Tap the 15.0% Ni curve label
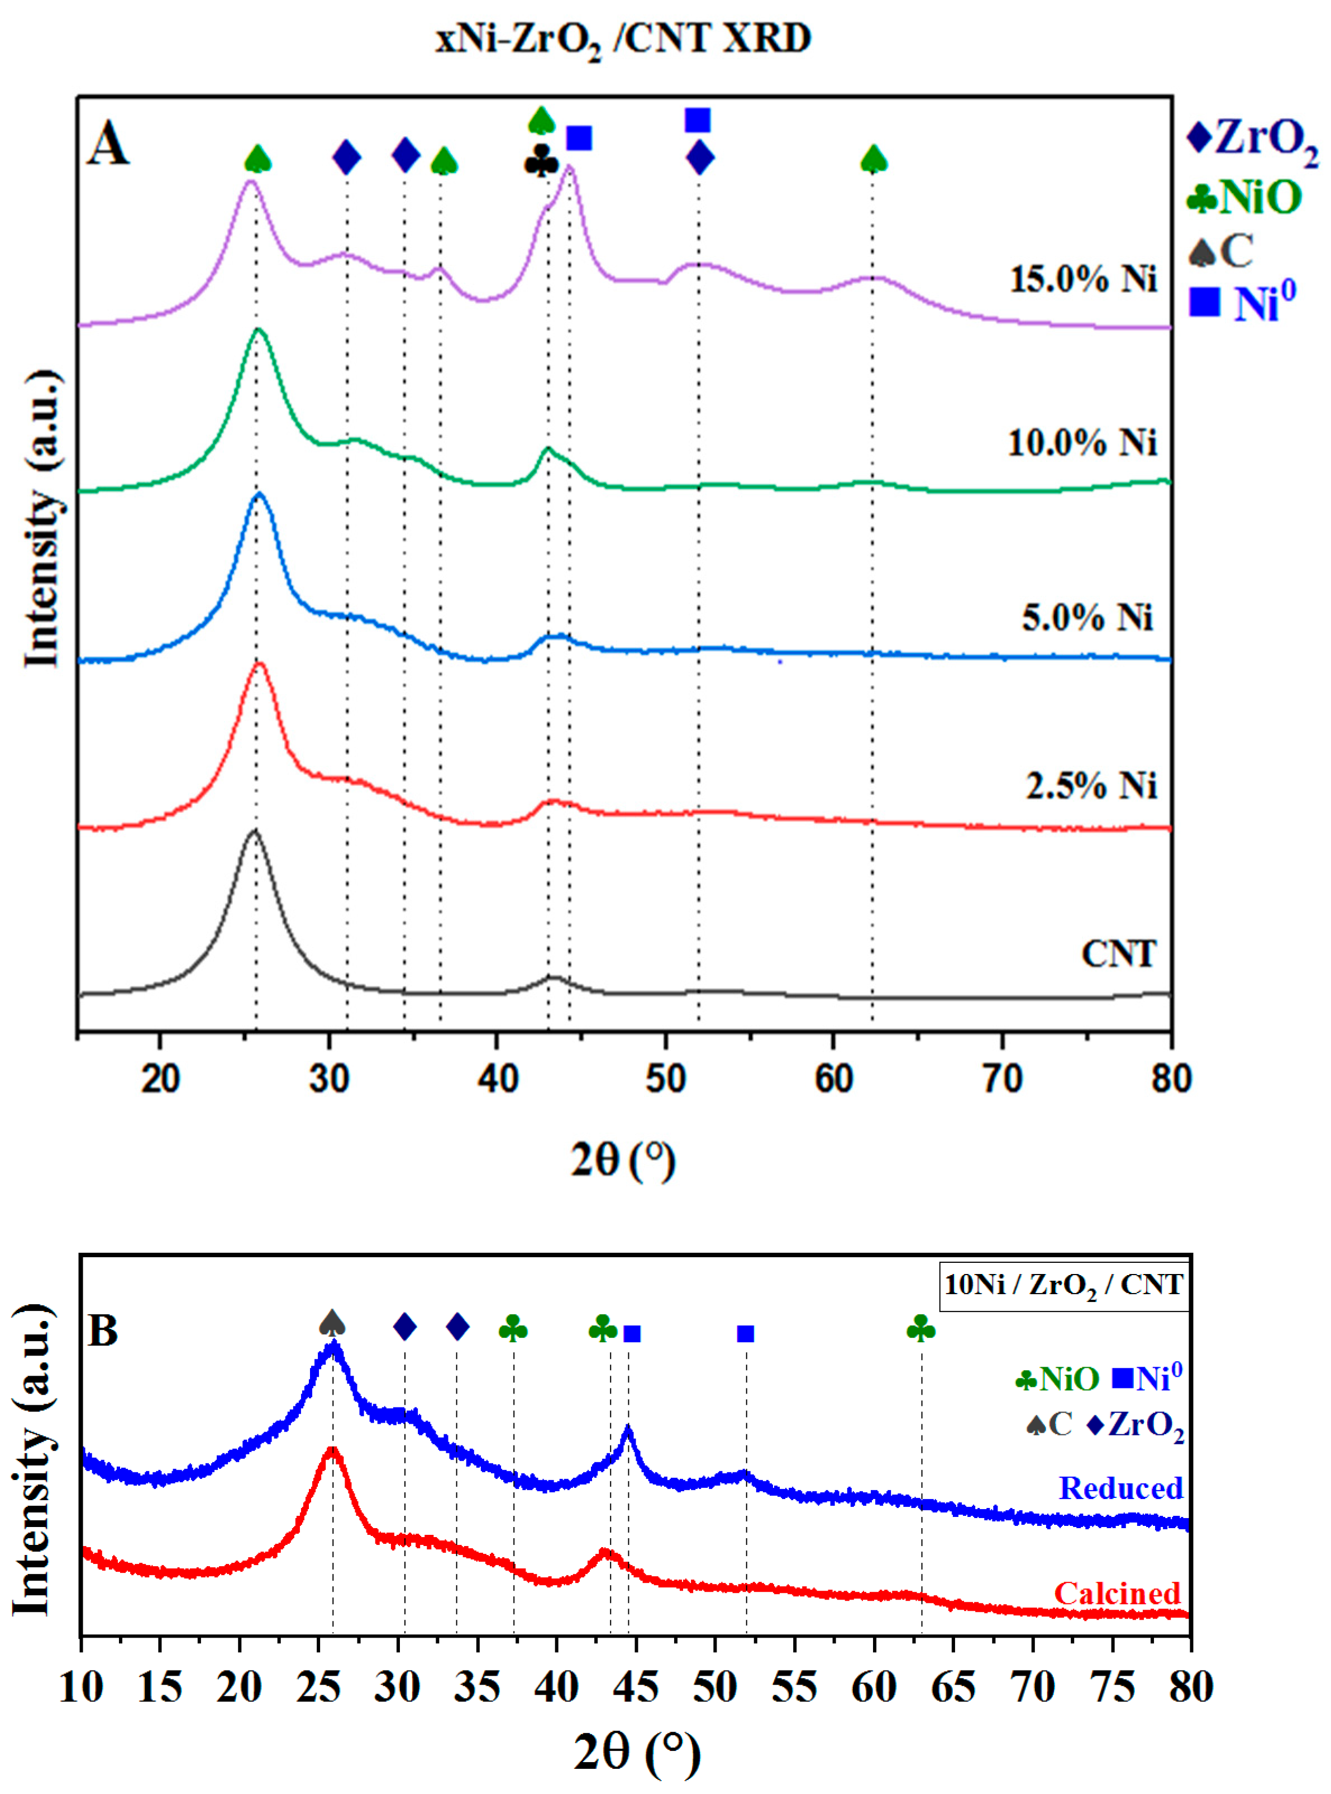[x=1083, y=279]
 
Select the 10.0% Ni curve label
[x=1082, y=443]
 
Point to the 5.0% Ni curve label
[x=1087, y=617]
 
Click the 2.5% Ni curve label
[x=1091, y=785]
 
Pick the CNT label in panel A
[x=1118, y=954]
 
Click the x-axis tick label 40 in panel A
[x=497, y=1078]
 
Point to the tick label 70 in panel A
[x=1002, y=1078]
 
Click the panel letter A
[x=108, y=146]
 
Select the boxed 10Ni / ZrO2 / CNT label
[x=1063, y=1284]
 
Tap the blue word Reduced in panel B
[x=1120, y=1488]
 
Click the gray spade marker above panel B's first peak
[x=332, y=1322]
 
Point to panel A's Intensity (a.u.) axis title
[x=42, y=519]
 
